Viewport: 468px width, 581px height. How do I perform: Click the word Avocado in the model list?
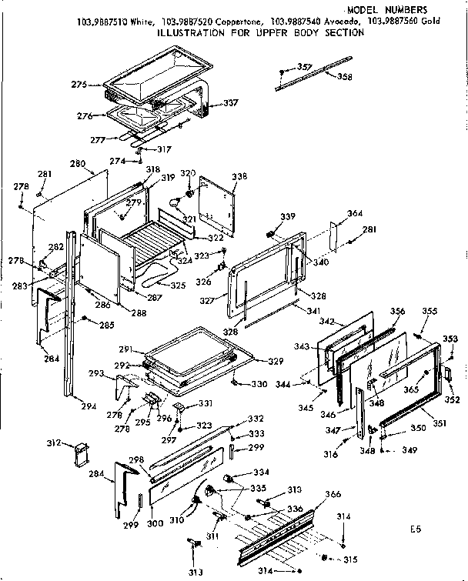[342, 22]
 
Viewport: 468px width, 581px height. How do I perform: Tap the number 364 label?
[355, 213]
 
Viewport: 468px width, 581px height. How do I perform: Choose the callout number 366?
[333, 494]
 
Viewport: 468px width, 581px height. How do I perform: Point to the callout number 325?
[178, 285]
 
